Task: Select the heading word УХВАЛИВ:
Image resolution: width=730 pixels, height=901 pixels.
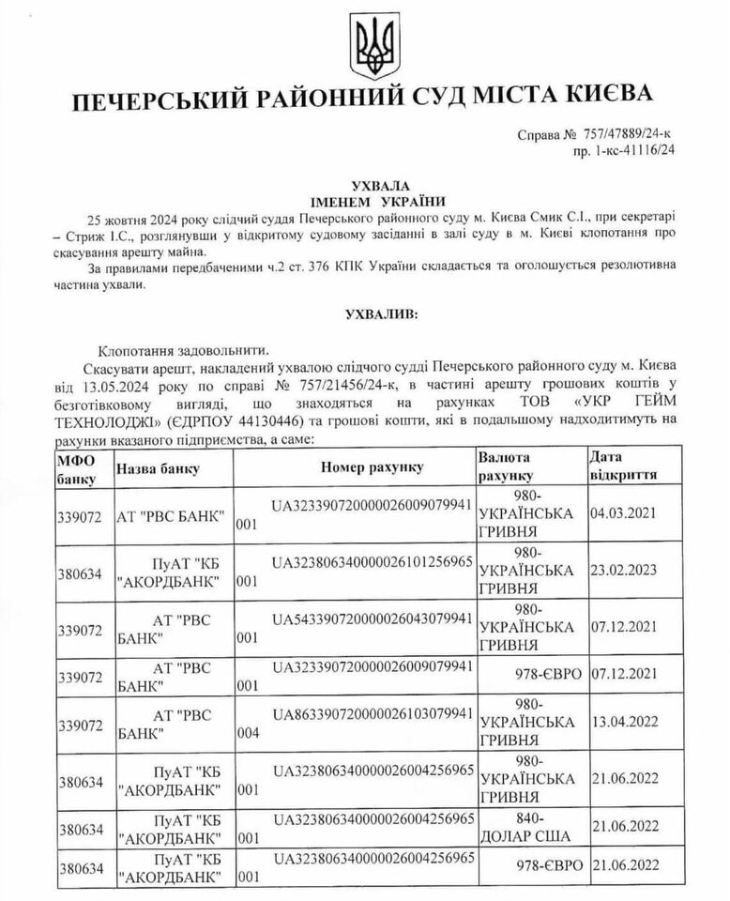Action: [x=365, y=311]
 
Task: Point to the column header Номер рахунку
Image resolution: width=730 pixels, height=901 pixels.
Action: [x=372, y=467]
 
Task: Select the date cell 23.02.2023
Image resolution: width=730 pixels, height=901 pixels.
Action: [x=623, y=571]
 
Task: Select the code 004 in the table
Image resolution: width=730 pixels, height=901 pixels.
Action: [x=248, y=735]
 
